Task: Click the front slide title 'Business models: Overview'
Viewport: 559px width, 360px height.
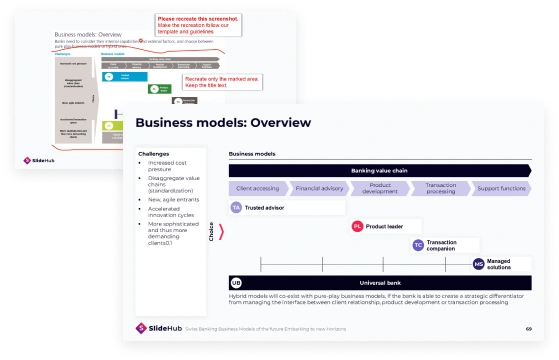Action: click(223, 123)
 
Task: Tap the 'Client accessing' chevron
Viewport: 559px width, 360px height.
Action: click(257, 187)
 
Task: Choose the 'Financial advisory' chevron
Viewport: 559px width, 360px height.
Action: click(318, 187)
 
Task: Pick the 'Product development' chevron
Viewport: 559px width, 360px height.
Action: click(379, 187)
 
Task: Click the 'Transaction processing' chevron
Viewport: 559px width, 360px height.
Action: click(440, 187)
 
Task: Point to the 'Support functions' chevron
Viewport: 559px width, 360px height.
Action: click(500, 187)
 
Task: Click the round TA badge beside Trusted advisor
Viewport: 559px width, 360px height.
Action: click(237, 207)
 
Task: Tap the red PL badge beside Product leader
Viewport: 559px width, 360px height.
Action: click(357, 226)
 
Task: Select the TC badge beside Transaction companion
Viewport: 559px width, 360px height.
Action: click(418, 244)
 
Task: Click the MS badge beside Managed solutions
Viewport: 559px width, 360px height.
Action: click(479, 263)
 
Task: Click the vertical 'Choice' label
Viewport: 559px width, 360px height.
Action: click(211, 232)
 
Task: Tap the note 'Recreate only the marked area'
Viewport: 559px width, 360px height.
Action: click(216, 83)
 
